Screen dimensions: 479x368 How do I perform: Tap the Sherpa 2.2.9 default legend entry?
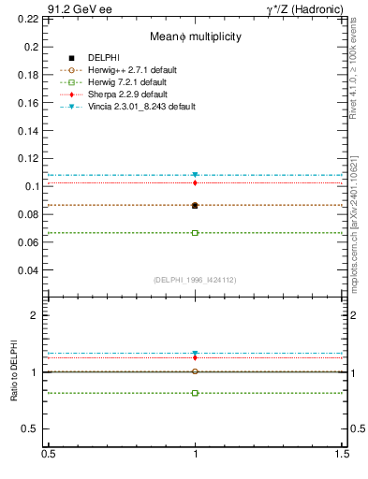coord(132,94)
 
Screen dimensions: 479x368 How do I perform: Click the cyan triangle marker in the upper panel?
coord(195,175)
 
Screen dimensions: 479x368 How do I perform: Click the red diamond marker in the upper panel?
coord(195,182)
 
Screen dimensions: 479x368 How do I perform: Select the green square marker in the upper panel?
coord(195,232)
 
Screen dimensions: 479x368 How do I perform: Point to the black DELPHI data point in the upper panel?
coord(195,205)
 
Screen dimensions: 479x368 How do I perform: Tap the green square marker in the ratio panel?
coord(195,393)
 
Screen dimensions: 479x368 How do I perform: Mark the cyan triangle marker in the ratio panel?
coord(195,354)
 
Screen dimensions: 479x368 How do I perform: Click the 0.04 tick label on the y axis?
coord(32,270)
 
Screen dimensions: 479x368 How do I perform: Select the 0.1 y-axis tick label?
coord(35,186)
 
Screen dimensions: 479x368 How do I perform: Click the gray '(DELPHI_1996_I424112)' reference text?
coord(195,279)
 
